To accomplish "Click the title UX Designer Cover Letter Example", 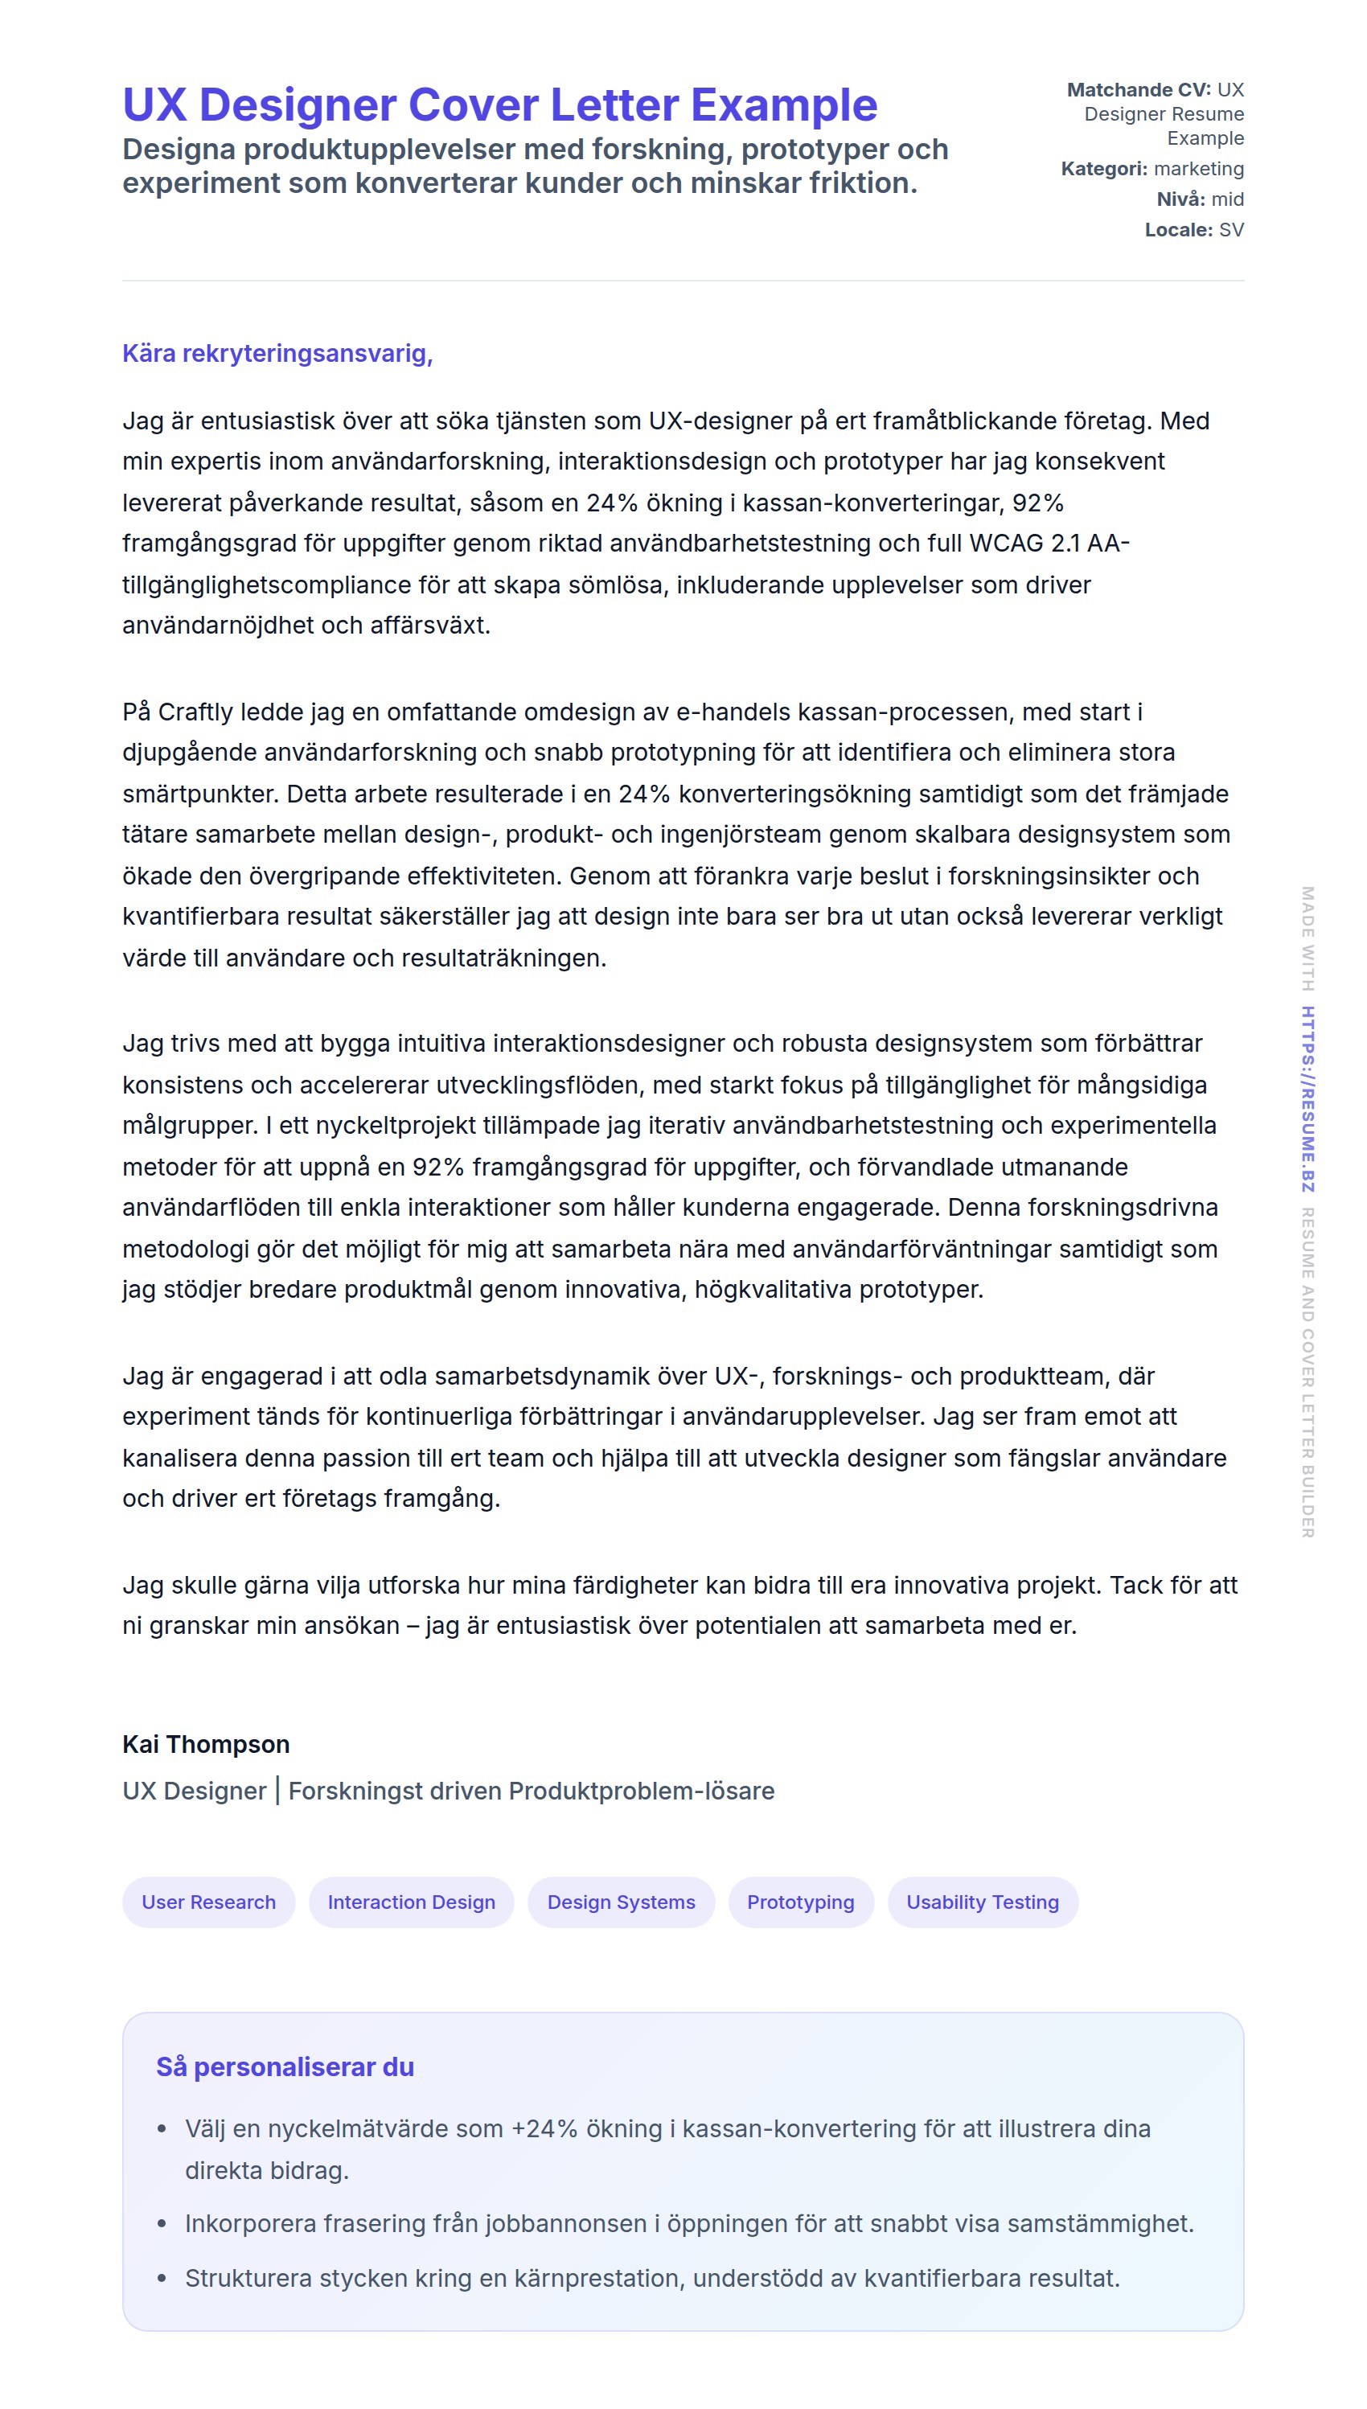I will pos(499,105).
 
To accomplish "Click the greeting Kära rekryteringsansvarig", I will pos(277,354).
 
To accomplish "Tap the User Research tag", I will pos(208,1902).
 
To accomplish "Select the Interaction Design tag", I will pos(411,1902).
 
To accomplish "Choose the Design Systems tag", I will pos(621,1902).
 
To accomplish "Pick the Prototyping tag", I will pos(800,1902).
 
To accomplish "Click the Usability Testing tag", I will pos(982,1902).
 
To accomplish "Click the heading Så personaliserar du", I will pos(285,2067).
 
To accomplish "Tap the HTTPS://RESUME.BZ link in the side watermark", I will pos(1307,1099).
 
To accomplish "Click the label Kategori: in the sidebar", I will pos(1103,169).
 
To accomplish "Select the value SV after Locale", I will pos(1231,230).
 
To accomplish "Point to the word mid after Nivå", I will pos(1227,199).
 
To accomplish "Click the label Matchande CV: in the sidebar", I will pos(1138,90).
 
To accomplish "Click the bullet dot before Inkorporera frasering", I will pos(162,2224).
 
